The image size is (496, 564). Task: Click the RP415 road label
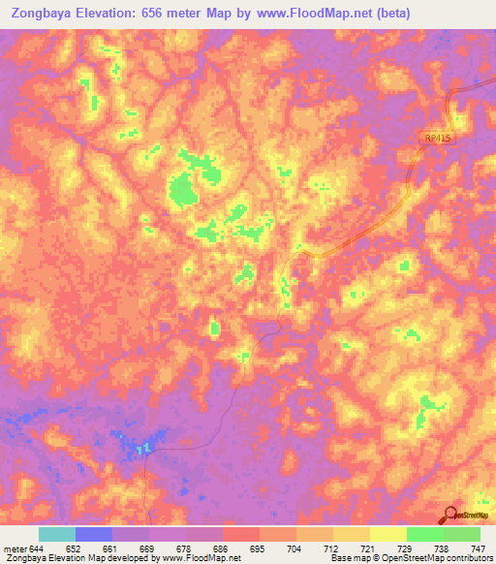(438, 140)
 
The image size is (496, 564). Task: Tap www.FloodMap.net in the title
(306, 14)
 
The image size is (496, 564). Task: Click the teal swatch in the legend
(57, 534)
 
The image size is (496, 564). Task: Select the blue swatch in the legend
(94, 534)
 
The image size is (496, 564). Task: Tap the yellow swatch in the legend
(387, 534)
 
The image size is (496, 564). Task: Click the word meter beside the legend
(15, 548)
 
